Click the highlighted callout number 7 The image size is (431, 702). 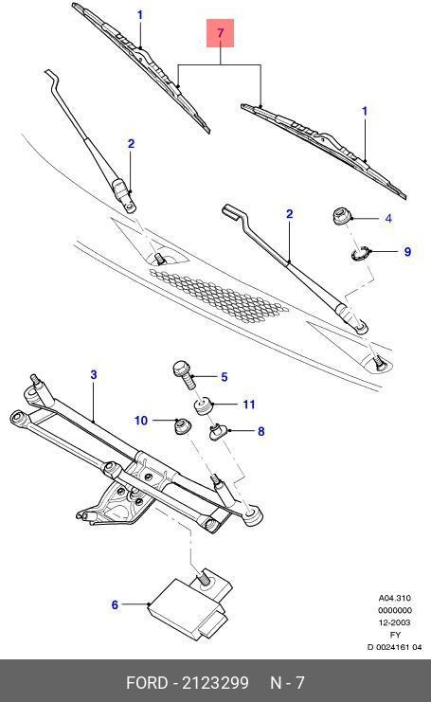[x=220, y=35]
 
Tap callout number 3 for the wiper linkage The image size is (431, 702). [x=94, y=375]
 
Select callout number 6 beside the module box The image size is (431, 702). [x=115, y=604]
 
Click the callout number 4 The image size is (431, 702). [x=388, y=219]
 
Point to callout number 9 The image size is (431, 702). [x=407, y=252]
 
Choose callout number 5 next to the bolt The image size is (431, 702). [x=224, y=377]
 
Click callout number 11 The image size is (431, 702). [x=249, y=405]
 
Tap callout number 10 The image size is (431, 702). [x=140, y=420]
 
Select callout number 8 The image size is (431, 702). [x=260, y=431]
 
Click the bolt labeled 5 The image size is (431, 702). [x=185, y=372]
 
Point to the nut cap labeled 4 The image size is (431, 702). [x=339, y=217]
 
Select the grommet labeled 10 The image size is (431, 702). [x=175, y=426]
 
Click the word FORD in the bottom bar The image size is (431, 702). [x=148, y=682]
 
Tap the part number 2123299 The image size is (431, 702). [x=216, y=682]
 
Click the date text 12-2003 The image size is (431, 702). [x=393, y=622]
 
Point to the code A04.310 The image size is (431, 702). [x=393, y=598]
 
